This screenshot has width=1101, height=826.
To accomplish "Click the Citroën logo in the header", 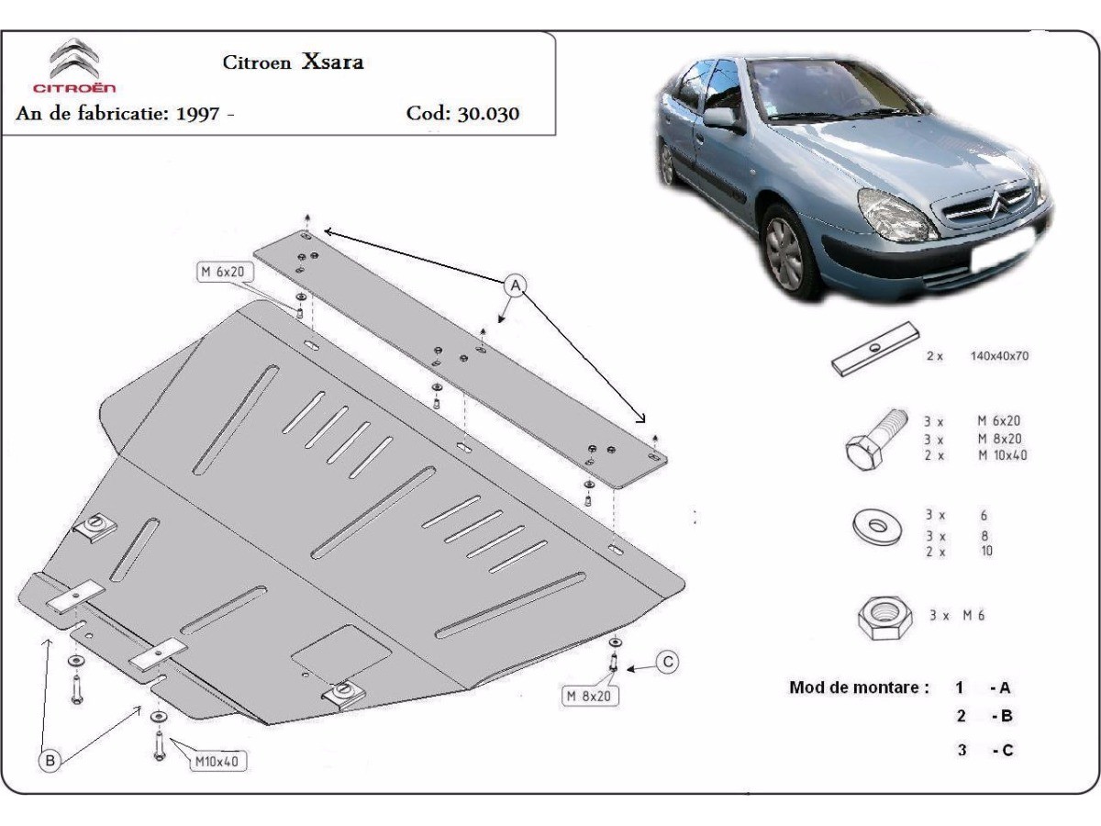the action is coord(74,65).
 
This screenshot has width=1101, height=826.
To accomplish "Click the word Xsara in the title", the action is coord(332,61).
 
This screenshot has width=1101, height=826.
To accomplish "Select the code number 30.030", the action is coord(488,113).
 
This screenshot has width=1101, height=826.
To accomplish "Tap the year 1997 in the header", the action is coord(197,113).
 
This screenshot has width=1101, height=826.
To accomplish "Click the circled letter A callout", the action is coord(515,285).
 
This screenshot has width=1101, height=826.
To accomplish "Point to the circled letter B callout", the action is coord(50,760).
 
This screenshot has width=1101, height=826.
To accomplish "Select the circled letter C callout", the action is coord(668,662).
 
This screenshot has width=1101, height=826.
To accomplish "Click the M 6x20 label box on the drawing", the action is coord(225,273).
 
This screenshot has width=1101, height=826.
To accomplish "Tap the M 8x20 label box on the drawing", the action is coord(589,696).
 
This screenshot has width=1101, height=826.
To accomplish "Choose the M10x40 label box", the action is coord(217,762).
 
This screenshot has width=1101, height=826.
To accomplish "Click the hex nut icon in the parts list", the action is coord(884,618).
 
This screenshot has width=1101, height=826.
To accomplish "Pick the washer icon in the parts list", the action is coord(877,527).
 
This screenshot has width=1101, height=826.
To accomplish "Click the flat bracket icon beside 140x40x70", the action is coord(875,349).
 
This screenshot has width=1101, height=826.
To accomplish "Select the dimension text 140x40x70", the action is coord(999,356).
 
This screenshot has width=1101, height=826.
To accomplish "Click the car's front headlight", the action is coord(895,215).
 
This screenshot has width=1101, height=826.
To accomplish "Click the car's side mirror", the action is coord(721,119).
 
